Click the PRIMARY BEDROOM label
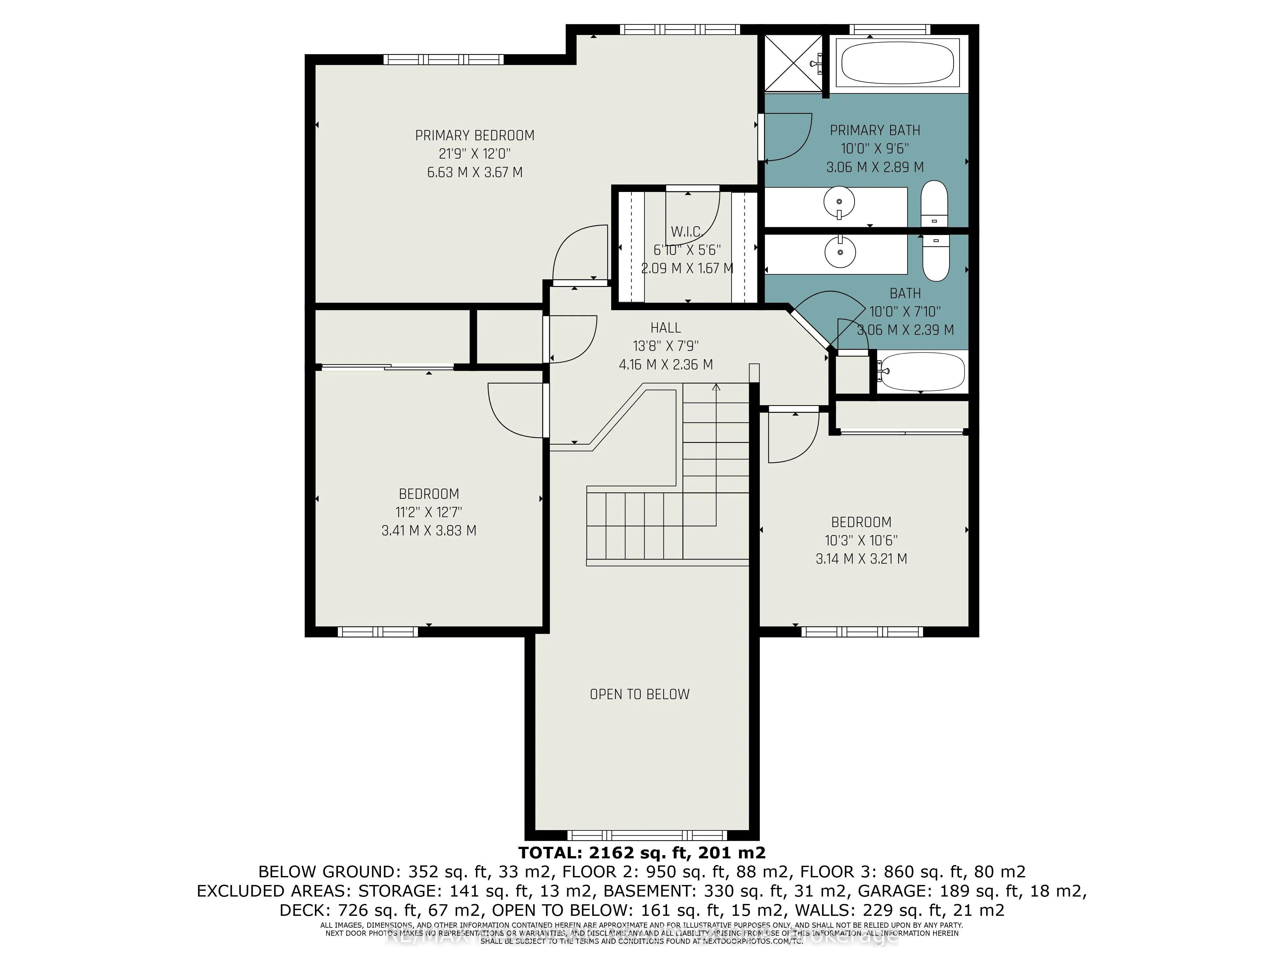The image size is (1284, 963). tap(474, 135)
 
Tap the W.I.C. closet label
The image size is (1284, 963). tap(687, 232)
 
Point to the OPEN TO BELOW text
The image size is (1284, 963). tap(639, 694)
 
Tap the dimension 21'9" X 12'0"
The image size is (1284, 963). tap(474, 154)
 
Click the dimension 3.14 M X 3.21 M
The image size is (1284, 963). tap(861, 559)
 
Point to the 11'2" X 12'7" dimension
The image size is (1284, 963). tap(429, 512)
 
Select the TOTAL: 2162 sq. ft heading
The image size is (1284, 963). tap(641, 852)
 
